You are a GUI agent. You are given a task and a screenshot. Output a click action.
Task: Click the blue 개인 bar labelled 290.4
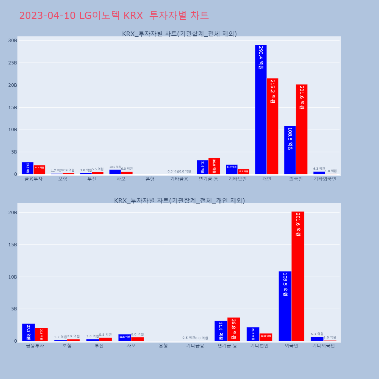pos(261,110)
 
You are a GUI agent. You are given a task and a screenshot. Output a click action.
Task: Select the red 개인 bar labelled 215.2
pos(273,127)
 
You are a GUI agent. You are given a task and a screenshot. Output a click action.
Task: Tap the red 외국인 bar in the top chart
pos(302,130)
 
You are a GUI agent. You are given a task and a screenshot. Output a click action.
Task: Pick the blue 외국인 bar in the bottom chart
pos(285,306)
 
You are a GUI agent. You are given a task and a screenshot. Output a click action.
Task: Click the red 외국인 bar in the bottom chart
pos(298,276)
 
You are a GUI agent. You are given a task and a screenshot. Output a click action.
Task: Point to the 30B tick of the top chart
pos(13,41)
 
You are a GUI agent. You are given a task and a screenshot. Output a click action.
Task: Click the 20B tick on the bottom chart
pos(13,213)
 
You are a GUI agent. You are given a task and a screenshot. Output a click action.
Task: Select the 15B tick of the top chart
pos(13,108)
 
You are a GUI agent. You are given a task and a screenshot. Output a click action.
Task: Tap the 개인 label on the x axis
pos(266,179)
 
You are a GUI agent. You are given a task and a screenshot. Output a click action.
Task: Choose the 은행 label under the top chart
pos(150,179)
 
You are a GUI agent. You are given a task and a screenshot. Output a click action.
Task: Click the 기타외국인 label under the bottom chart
pos(323,346)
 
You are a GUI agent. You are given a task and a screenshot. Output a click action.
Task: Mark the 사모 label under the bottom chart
pos(131,346)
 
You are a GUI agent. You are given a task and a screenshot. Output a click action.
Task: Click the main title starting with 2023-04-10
pos(114,16)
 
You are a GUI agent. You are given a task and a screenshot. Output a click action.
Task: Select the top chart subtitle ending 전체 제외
pos(179,34)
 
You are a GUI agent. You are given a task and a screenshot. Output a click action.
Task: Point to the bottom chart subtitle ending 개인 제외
pos(179,200)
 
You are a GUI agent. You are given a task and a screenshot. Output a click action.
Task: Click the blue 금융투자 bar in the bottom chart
pos(28,332)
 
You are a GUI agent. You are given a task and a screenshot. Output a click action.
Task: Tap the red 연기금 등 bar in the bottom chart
pos(234,329)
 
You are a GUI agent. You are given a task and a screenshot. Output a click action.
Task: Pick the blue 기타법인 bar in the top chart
pos(232,170)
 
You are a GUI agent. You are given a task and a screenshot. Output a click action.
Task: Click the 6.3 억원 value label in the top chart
pos(319,169)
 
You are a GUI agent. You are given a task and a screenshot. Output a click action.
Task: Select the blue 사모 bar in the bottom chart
pos(125,338)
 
